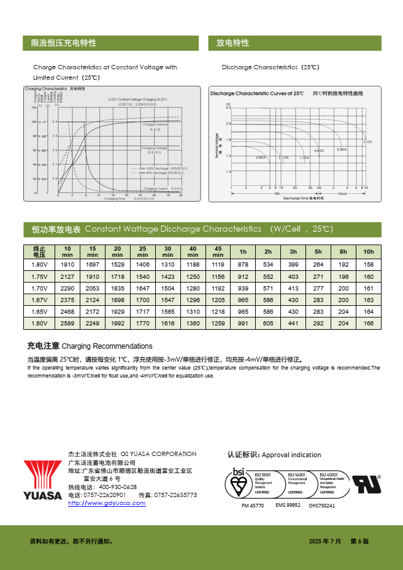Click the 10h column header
pos(368,251)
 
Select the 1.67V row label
pos(39,300)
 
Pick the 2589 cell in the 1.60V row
pos(67,323)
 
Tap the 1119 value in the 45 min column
pos(218,264)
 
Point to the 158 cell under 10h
pos(368,264)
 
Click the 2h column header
pos(268,251)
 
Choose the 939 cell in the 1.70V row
pos(243,288)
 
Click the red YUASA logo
pos(42,481)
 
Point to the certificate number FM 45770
pos(252,506)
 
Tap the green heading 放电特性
pos(233,43)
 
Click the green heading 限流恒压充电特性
pos(64,43)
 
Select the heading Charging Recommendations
pos(107,346)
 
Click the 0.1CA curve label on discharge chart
pos(368,142)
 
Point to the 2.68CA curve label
pos(260,158)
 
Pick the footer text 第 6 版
pos(359,542)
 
